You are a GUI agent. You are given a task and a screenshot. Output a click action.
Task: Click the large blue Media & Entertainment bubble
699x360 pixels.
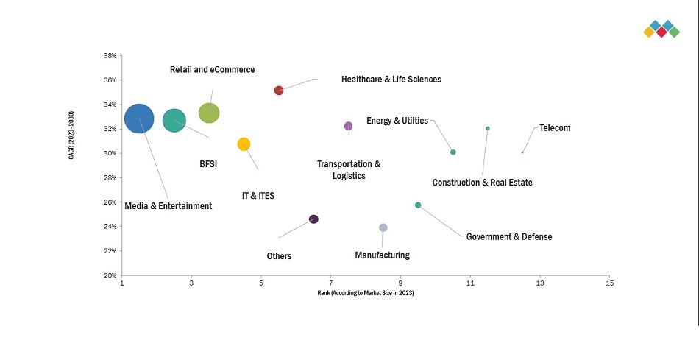(139, 118)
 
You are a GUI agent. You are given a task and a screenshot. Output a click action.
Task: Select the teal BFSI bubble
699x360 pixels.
(174, 120)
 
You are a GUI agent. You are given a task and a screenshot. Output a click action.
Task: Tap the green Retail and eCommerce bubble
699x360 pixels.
(209, 113)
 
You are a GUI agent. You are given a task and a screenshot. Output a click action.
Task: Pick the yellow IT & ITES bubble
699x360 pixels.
(244, 144)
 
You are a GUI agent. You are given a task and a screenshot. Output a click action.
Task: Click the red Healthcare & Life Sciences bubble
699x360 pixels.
(279, 91)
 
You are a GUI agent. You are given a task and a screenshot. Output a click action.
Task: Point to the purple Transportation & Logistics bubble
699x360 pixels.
(348, 126)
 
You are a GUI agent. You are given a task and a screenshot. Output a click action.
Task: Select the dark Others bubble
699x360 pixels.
(313, 219)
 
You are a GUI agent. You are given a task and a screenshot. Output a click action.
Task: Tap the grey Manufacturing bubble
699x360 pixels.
(383, 227)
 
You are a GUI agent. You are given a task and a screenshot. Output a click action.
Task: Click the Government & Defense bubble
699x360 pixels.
(418, 205)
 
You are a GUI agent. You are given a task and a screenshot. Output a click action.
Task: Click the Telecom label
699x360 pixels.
(555, 128)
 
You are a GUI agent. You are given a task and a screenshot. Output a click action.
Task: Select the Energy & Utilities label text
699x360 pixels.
(397, 121)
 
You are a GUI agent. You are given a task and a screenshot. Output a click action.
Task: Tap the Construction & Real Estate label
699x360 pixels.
(482, 183)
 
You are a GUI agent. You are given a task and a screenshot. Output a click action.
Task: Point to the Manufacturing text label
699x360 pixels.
(382, 255)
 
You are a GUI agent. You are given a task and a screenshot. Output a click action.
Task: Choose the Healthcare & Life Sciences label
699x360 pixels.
(391, 80)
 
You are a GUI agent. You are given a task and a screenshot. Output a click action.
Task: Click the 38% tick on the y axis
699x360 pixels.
(110, 56)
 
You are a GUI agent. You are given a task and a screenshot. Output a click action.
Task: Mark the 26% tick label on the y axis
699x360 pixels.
(110, 202)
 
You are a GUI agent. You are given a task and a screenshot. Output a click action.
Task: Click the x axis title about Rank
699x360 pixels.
(366, 294)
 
